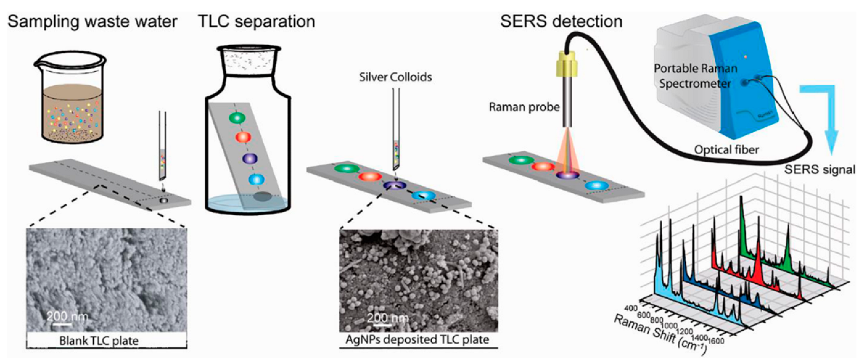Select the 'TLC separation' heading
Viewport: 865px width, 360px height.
[256, 22]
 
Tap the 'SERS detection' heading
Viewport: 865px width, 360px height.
[561, 22]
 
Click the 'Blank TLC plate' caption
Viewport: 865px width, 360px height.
[106, 340]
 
